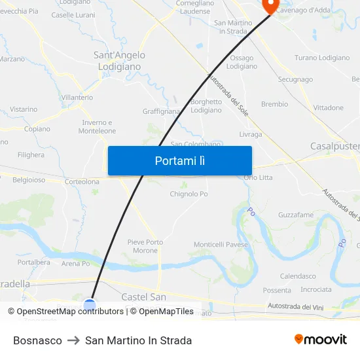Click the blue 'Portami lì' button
coord(179,160)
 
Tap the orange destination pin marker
coord(270,5)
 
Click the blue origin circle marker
coord(90,305)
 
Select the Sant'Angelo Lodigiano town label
coord(120,61)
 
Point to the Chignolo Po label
coord(189,194)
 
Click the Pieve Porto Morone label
coord(145,246)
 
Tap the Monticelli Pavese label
coord(221,244)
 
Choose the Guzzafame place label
coord(295,215)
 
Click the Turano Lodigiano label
coord(322,58)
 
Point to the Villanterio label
coord(77,97)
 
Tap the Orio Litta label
coord(258,177)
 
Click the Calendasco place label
coord(298,276)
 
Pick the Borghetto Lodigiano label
coord(206,105)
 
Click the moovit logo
coord(320,340)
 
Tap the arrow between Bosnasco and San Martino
coord(73,340)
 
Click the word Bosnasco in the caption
coord(37,340)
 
